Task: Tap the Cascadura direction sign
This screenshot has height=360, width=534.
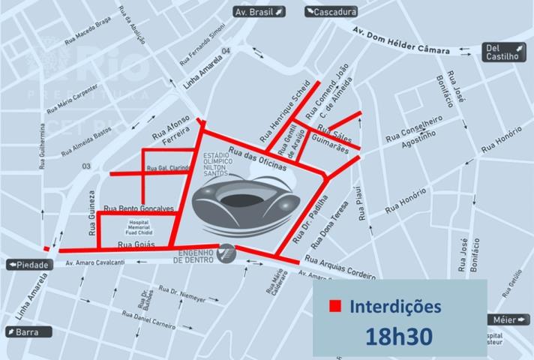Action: click(331, 12)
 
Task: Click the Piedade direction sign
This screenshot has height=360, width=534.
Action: click(25, 265)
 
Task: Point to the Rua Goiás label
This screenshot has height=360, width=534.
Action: click(135, 245)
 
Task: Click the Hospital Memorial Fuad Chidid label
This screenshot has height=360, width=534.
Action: click(139, 227)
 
